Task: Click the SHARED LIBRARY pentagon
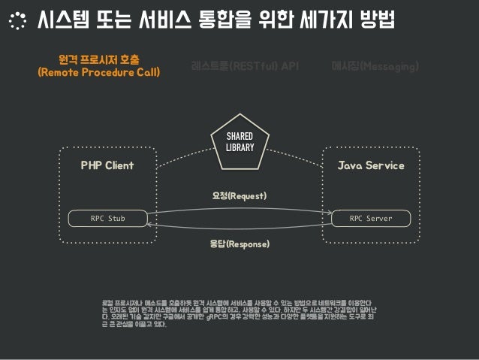(239, 141)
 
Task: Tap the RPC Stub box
(107, 219)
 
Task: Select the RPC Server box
(371, 219)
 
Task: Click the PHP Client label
(107, 165)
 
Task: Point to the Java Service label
(371, 165)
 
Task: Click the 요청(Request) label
(239, 195)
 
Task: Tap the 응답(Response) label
(239, 244)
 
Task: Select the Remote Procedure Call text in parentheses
(104, 73)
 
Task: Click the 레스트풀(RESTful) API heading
(245, 67)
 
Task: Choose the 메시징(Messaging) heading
(375, 67)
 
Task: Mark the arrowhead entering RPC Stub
(149, 224)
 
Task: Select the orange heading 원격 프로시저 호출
(104, 59)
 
